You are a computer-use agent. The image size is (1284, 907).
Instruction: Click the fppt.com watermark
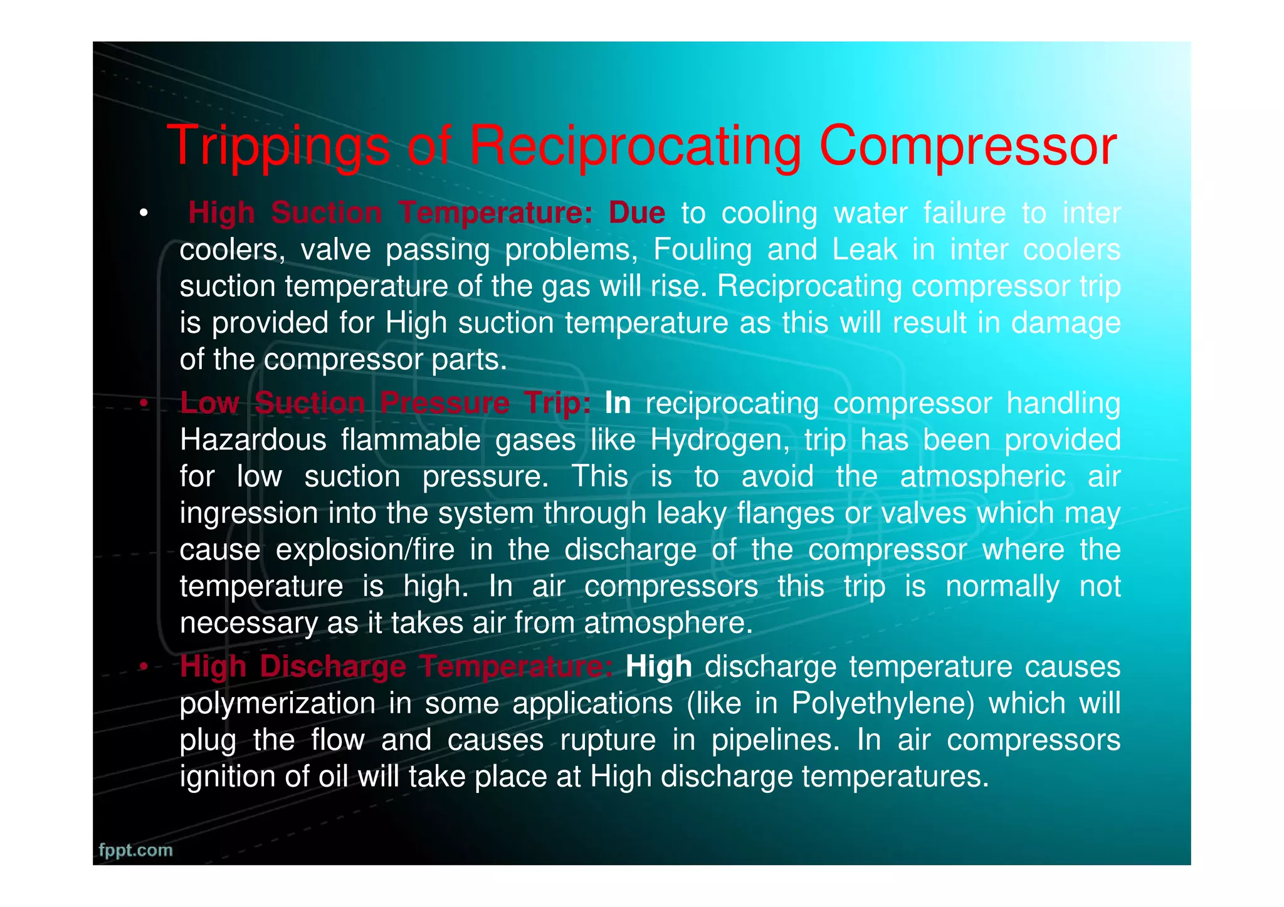pyautogui.click(x=135, y=850)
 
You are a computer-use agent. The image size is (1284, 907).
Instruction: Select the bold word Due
pyautogui.click(x=636, y=213)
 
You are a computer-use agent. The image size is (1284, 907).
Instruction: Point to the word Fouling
pyautogui.click(x=702, y=249)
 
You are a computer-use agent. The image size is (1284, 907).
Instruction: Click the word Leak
pyautogui.click(x=865, y=249)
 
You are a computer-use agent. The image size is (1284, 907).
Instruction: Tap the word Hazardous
pyautogui.click(x=253, y=440)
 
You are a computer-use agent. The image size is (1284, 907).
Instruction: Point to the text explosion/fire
pyautogui.click(x=365, y=550)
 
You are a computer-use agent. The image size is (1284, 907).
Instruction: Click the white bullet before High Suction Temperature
pyautogui.click(x=144, y=214)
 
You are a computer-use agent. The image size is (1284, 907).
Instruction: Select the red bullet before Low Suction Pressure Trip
pyautogui.click(x=144, y=404)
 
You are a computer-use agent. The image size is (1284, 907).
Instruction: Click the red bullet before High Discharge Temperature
pyautogui.click(x=144, y=668)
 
